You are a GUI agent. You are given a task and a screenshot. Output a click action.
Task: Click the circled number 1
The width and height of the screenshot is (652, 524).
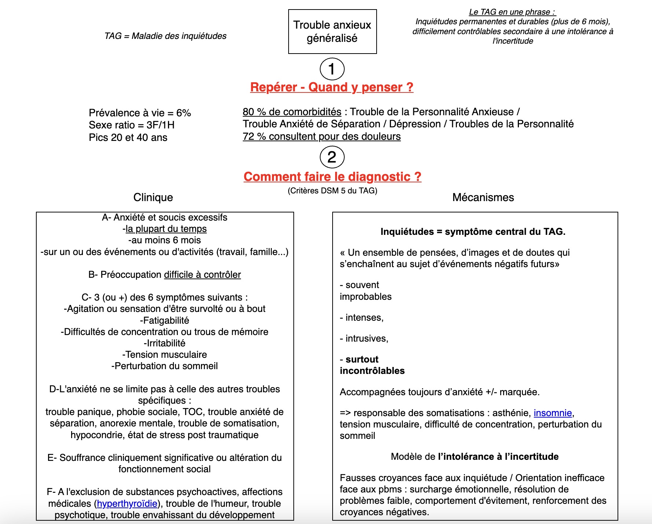click(332, 69)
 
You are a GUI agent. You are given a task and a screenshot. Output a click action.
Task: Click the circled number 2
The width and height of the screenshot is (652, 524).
click(332, 157)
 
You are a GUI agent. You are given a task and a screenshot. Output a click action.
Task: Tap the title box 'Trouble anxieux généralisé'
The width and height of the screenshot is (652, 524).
click(332, 32)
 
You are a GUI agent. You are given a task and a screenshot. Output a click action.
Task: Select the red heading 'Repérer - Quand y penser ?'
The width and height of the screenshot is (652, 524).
click(332, 87)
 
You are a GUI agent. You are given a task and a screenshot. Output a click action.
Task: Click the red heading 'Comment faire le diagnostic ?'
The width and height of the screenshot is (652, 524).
click(332, 177)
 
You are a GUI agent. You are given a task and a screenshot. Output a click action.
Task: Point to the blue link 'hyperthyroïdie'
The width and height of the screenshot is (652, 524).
click(127, 503)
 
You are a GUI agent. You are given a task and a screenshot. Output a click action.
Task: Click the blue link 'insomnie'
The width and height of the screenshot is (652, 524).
click(553, 413)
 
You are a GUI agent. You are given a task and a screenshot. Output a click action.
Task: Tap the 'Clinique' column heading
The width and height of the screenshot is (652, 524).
click(153, 197)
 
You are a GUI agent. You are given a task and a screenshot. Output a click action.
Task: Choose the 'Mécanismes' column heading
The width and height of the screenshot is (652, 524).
click(483, 197)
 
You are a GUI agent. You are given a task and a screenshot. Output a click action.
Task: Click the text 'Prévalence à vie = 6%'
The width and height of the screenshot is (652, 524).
click(140, 113)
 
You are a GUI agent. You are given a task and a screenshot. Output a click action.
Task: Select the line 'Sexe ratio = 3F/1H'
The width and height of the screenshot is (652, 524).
click(131, 125)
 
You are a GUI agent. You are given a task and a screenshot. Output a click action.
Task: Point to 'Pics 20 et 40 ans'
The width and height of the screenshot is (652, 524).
click(128, 138)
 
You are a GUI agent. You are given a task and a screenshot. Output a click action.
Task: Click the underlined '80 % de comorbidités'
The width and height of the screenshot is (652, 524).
click(292, 112)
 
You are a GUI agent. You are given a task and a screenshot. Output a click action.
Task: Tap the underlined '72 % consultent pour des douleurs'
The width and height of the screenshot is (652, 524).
click(322, 137)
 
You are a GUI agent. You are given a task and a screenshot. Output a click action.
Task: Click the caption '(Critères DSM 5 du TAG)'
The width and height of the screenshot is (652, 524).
click(332, 190)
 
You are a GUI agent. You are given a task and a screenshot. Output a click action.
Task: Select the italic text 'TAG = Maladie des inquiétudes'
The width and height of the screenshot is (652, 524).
click(165, 36)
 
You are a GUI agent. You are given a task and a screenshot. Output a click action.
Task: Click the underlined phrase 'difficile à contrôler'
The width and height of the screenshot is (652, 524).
click(202, 274)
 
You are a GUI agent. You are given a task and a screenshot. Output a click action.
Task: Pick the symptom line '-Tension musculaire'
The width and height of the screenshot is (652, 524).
click(164, 354)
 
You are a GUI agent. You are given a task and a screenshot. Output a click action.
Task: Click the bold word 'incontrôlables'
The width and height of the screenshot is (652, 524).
click(372, 371)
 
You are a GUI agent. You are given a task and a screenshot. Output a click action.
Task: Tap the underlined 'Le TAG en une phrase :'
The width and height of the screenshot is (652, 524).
click(512, 12)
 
